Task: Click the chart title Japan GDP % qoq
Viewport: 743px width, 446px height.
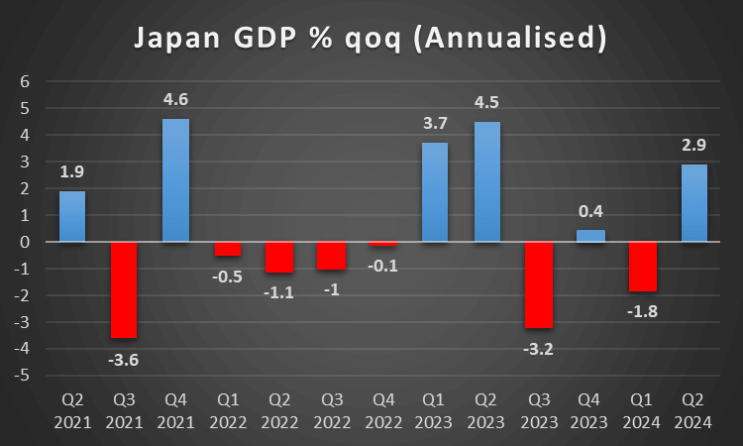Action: (x=371, y=39)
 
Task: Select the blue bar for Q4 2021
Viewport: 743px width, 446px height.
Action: (x=175, y=180)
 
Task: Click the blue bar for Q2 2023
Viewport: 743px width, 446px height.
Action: (x=486, y=181)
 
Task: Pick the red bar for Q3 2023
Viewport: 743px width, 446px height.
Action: (x=538, y=284)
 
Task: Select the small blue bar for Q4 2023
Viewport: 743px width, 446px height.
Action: (x=590, y=236)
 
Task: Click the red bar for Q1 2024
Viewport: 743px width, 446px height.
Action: (x=642, y=267)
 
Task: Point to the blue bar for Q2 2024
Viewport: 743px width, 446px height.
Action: (x=693, y=203)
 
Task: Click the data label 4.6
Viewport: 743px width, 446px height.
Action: (x=175, y=99)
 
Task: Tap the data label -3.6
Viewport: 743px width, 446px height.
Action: (x=124, y=360)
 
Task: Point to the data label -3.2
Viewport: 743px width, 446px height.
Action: (x=538, y=349)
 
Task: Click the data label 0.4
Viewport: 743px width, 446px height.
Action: (x=590, y=211)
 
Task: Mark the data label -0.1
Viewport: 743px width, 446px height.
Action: (x=383, y=266)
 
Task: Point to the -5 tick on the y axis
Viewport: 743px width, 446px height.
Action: (x=22, y=376)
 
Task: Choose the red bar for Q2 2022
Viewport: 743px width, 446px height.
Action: (x=279, y=257)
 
